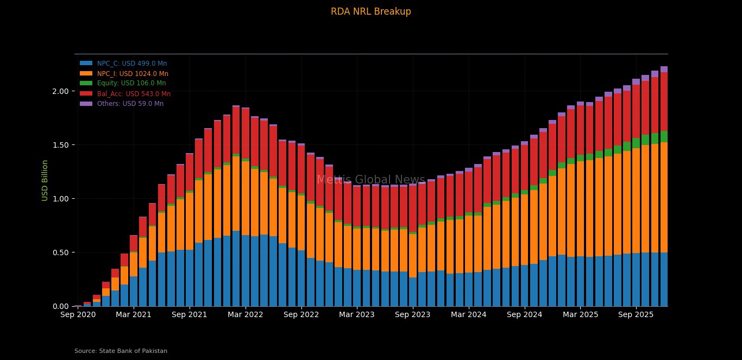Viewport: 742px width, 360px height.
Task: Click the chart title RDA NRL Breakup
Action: pos(370,11)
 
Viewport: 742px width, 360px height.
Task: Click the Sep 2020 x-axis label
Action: pos(78,315)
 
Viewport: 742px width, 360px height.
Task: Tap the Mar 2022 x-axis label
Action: pos(246,315)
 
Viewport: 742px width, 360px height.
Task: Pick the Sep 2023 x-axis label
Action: pos(413,315)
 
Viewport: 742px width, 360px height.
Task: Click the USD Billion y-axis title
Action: pos(45,180)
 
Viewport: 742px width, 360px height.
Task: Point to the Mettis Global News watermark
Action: pos(370,180)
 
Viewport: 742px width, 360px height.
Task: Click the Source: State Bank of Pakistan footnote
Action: pos(121,351)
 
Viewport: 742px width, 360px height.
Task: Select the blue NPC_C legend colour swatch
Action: pos(86,64)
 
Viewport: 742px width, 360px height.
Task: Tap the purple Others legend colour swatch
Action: pos(86,104)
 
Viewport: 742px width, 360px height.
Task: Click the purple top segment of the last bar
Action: pos(664,70)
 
